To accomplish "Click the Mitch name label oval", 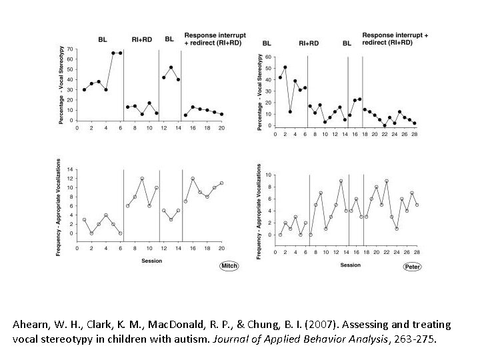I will pos(229,266).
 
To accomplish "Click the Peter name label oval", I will pos(413,267).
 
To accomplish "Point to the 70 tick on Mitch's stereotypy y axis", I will pos(71,49).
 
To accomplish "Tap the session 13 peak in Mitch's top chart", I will pos(171,67).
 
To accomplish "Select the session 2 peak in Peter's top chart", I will pos(285,67).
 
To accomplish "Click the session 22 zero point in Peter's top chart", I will pos(385,125).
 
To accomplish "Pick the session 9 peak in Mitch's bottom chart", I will pos(142,179).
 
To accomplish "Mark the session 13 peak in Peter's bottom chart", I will pos(340,181).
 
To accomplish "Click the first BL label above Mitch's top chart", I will pos(103,39).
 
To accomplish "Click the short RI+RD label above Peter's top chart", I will pos(309,43).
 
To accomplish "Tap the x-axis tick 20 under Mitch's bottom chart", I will pos(221,248).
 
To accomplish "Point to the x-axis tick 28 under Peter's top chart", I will pos(414,134).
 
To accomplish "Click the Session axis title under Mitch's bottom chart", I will pos(151,261).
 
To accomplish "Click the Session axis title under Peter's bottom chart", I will pos(350,265).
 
